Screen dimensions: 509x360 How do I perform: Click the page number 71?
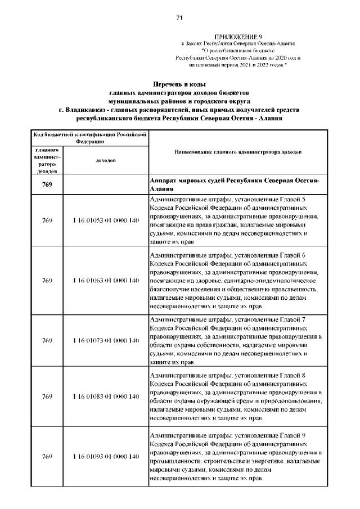click(x=180, y=18)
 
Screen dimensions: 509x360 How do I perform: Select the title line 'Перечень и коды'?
click(x=179, y=84)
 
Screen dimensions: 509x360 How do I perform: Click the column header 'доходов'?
click(x=106, y=161)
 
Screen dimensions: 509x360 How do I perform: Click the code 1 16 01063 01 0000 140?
click(x=106, y=280)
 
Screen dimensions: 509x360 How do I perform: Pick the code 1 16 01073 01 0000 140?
click(x=106, y=340)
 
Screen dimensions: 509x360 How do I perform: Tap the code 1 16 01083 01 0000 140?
click(x=106, y=397)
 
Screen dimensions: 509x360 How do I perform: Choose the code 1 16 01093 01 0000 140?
click(x=106, y=456)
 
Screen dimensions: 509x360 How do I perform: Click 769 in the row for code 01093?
click(x=47, y=456)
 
